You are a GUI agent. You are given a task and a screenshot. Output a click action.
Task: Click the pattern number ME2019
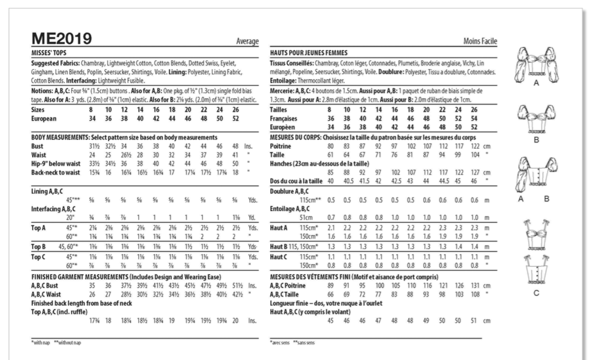coord(61,39)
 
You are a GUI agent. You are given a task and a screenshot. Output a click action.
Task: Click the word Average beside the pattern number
coord(247,41)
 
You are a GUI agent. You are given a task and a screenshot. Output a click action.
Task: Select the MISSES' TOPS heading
coord(49,53)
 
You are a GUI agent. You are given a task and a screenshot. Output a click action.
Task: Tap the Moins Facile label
coord(480,41)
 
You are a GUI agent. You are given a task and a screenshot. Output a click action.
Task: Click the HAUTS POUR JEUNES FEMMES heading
coord(309,53)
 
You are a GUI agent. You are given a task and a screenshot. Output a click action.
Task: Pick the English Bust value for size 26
coord(235,146)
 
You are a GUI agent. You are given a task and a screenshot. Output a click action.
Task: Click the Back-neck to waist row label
coord(56,172)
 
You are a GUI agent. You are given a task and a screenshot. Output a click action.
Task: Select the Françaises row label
coord(283,118)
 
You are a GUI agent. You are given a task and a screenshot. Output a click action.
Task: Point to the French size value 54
coord(474,118)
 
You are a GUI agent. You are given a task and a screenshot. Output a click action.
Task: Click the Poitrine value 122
coord(475,146)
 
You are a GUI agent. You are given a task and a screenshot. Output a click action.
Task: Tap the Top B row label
coord(39,246)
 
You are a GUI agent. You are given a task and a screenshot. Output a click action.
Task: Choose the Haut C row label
coord(279,257)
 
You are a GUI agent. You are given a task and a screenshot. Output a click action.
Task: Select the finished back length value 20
coord(235,321)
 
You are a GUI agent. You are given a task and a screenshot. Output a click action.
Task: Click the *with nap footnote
coord(40,343)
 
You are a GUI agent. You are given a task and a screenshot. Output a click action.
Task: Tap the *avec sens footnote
coord(280,343)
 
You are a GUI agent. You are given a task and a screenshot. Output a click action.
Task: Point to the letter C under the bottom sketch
coord(536,293)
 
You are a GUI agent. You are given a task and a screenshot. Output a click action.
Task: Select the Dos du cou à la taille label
coord(296,181)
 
